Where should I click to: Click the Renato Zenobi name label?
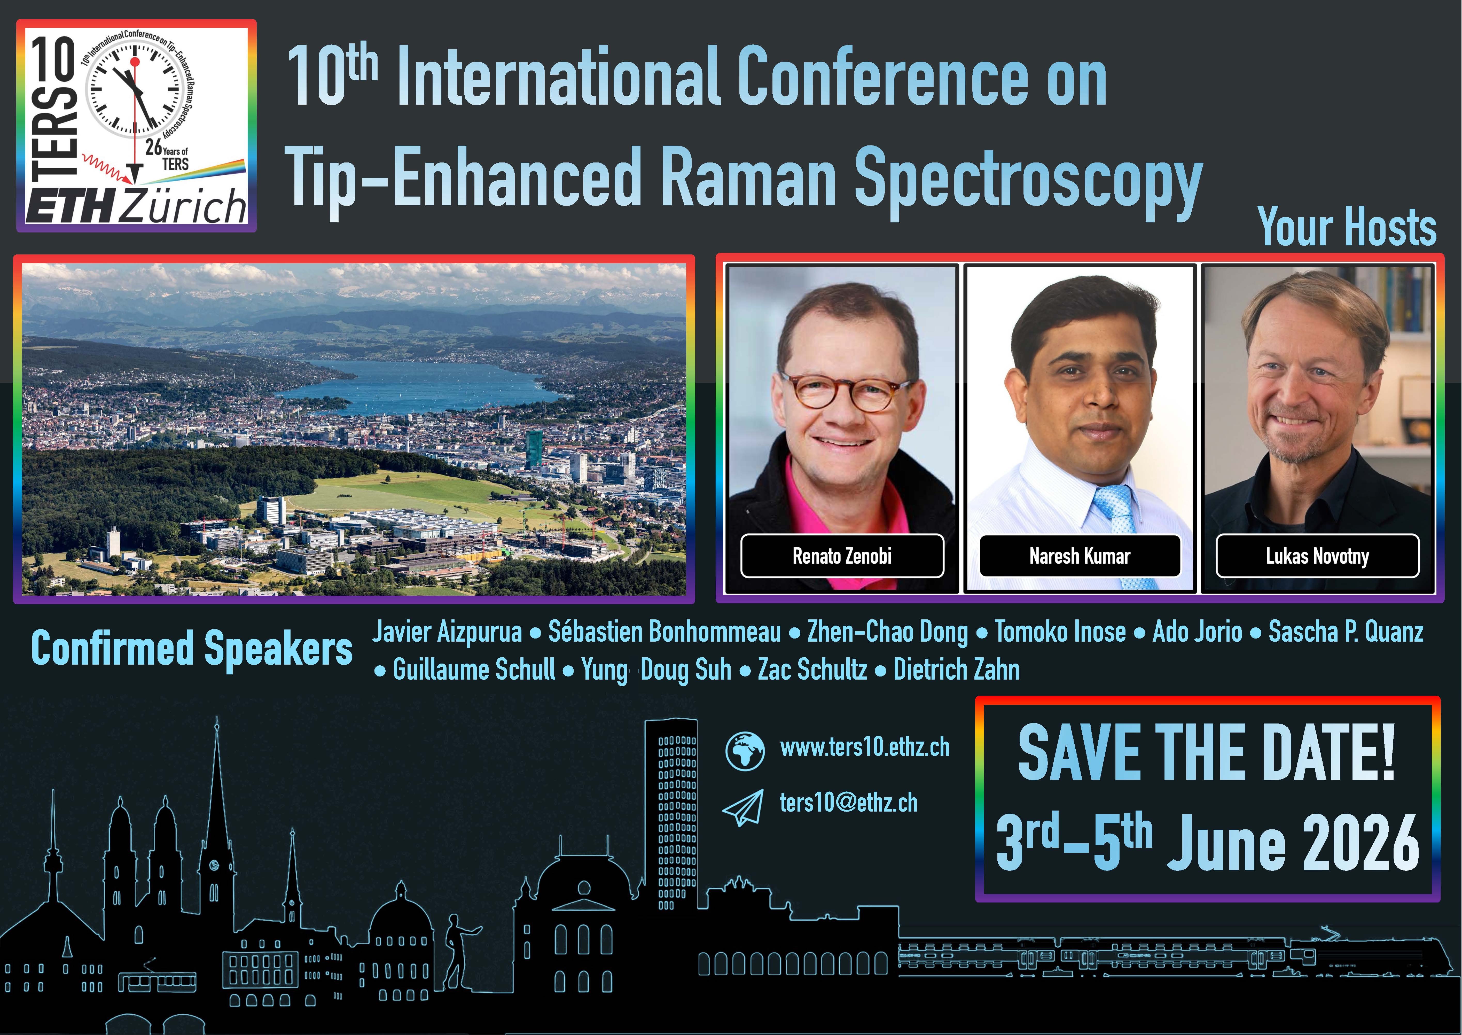pyautogui.click(x=841, y=556)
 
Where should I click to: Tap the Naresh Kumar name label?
pyautogui.click(x=1080, y=556)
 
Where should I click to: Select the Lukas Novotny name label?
pyautogui.click(x=1317, y=556)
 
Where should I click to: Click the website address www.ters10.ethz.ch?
pyautogui.click(x=864, y=747)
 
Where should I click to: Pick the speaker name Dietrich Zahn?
pyautogui.click(x=956, y=669)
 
